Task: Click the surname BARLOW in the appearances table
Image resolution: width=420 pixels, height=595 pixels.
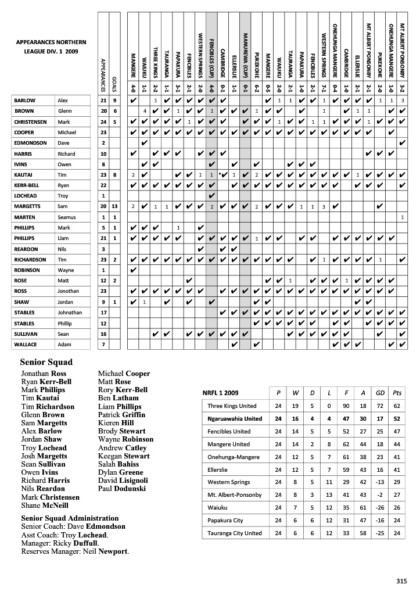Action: tap(24, 101)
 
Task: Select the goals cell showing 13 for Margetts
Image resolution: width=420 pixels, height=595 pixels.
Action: tap(115, 206)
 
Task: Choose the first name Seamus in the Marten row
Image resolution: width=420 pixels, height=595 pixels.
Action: tap(66, 217)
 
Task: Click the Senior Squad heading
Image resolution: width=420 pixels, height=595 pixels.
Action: tap(46, 363)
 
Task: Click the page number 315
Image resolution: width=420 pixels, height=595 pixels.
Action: tap(401, 580)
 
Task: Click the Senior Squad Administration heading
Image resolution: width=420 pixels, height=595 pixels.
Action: tap(70, 518)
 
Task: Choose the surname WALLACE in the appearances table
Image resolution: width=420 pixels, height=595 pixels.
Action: tap(25, 345)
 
